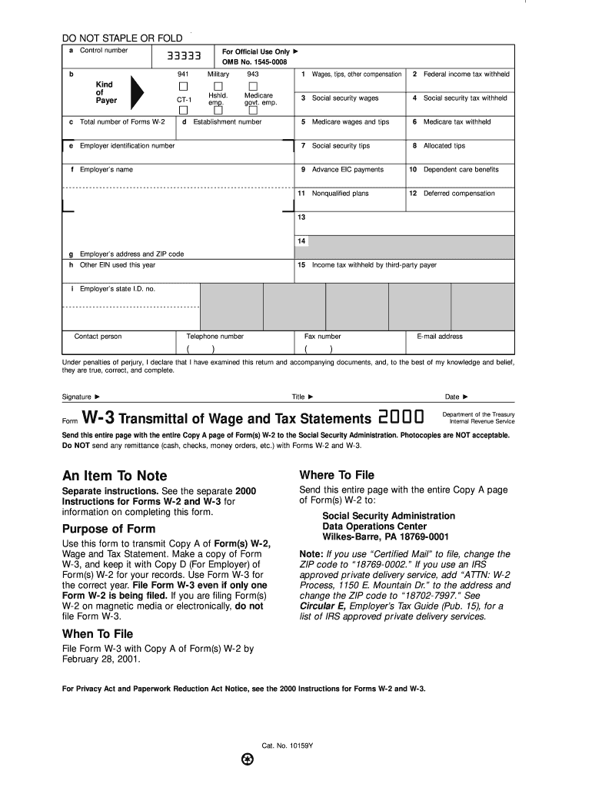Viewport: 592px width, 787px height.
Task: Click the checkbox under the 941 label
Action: (x=184, y=85)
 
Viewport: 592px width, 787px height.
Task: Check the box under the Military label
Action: (x=218, y=85)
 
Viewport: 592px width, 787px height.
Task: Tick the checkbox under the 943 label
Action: (x=253, y=85)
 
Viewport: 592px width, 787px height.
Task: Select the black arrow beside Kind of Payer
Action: (x=136, y=93)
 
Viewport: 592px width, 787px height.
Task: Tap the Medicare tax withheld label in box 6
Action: (x=457, y=122)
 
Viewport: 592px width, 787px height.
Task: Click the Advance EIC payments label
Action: (x=348, y=170)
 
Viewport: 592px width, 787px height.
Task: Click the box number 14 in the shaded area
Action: (x=302, y=241)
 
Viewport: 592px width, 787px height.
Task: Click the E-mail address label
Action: (x=440, y=337)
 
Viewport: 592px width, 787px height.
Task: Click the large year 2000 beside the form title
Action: (x=401, y=417)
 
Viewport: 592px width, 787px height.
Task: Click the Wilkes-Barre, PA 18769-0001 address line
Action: (x=385, y=536)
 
